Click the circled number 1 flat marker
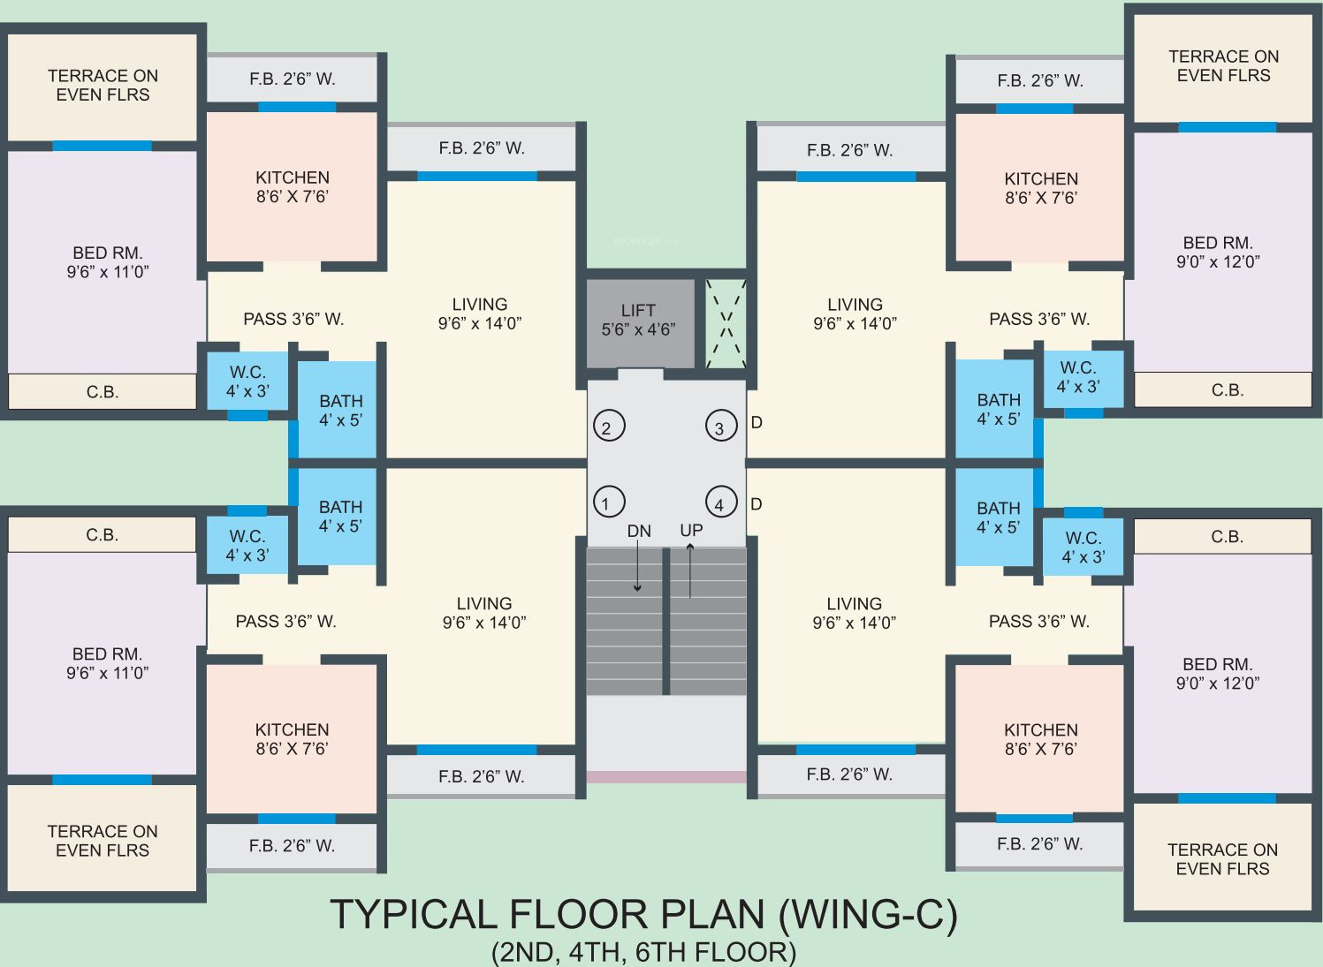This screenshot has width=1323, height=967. click(608, 502)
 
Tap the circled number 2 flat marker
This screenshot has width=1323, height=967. click(609, 425)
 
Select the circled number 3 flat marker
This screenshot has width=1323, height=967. click(721, 425)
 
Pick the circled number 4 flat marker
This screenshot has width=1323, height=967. click(721, 502)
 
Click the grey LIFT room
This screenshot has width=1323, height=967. click(640, 323)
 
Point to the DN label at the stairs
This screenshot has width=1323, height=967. click(639, 532)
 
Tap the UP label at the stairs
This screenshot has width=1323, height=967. click(691, 531)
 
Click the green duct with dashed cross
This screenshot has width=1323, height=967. click(726, 324)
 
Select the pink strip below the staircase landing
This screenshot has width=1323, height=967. click(666, 777)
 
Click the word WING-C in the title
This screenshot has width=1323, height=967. click(868, 915)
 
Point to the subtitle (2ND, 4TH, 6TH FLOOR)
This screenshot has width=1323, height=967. click(643, 952)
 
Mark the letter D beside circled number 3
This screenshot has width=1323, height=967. click(757, 423)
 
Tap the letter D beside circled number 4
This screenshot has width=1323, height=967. click(757, 504)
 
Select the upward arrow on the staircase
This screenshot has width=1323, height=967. click(690, 570)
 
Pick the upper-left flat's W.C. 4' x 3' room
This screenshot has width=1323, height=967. click(247, 381)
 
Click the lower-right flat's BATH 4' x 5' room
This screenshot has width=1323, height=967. click(998, 517)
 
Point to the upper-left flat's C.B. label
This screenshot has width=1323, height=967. click(103, 392)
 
